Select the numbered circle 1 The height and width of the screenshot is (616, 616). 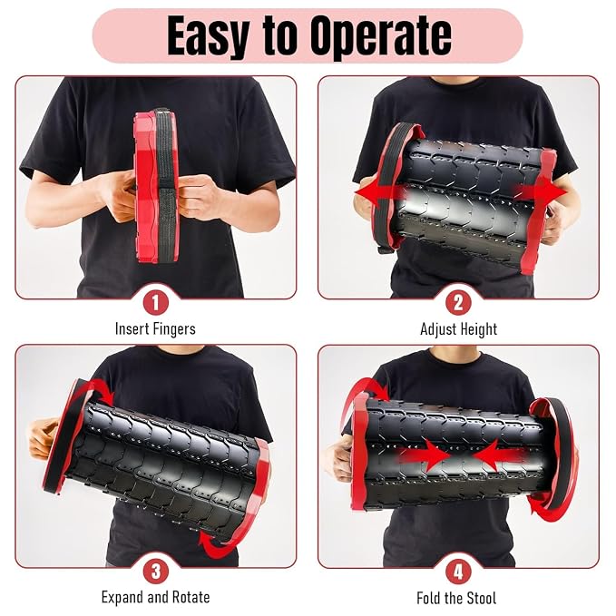point(155,302)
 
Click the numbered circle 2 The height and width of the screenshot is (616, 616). point(458,302)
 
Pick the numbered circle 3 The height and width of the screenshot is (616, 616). point(155,572)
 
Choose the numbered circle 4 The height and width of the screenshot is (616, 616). point(458,572)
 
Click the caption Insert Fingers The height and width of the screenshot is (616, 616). point(155,328)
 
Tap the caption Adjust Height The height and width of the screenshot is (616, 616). point(458,329)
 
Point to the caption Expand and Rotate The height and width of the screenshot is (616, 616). point(155,598)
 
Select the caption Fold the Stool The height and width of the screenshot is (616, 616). point(456,599)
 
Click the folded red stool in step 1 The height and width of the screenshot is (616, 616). point(156,187)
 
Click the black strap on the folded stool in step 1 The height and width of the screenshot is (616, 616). point(165,185)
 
